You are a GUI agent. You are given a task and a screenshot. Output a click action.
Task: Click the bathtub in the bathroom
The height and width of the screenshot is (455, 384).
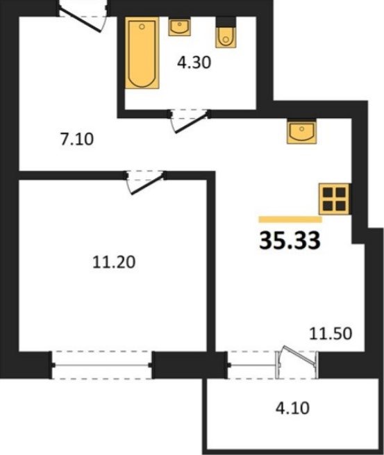pyautogui.click(x=142, y=53)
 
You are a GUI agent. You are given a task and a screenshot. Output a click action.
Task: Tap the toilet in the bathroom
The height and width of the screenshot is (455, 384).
pyautogui.click(x=226, y=37)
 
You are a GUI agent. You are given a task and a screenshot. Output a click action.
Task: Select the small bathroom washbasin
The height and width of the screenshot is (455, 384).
pyautogui.click(x=180, y=27)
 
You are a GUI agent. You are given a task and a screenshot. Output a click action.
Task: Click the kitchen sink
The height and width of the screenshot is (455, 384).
pyautogui.click(x=301, y=132)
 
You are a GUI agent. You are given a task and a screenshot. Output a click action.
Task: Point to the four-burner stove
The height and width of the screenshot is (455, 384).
pyautogui.click(x=334, y=199)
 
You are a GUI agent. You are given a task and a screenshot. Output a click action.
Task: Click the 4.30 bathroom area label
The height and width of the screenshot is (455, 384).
pyautogui.click(x=194, y=63)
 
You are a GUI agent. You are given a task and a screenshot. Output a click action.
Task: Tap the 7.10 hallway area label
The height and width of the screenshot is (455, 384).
pyautogui.click(x=77, y=139)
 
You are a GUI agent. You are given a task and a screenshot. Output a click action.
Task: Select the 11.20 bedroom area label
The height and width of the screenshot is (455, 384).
pyautogui.click(x=114, y=262)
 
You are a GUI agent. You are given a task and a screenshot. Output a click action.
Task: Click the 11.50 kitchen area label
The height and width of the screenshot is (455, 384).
pyautogui.click(x=331, y=333)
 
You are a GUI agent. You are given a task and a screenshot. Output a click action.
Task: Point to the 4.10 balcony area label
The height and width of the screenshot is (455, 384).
pyautogui.click(x=292, y=408)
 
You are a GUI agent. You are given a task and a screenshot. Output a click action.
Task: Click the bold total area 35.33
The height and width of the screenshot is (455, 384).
pyautogui.click(x=290, y=240)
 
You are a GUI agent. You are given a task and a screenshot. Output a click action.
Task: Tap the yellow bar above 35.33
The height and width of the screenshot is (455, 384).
pyautogui.click(x=290, y=220)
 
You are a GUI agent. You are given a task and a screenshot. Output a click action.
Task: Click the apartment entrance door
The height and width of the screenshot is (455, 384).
pyautogui.click(x=83, y=17)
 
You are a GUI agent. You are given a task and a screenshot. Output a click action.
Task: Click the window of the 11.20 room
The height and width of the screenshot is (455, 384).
pyautogui.click(x=102, y=365)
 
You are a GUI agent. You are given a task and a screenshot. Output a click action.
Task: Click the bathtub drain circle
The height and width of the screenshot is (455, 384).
pyautogui.click(x=142, y=26)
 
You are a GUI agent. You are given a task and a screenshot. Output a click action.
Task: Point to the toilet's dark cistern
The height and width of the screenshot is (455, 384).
pyautogui.click(x=226, y=21)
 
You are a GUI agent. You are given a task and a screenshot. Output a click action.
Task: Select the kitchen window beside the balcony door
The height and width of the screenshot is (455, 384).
pyautogui.click(x=251, y=365)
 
